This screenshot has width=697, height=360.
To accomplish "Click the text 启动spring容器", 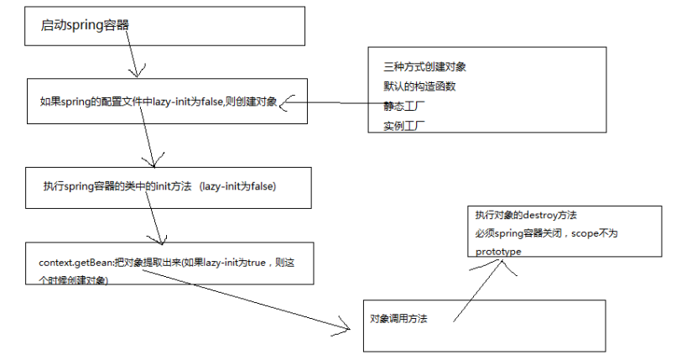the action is (x=85, y=25).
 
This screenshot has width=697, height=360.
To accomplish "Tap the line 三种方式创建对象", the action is (x=424, y=67).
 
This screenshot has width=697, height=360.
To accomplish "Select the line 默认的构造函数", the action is (x=419, y=86).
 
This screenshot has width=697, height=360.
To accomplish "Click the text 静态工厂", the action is (x=404, y=107).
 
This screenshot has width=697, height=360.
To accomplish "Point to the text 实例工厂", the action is (x=404, y=126).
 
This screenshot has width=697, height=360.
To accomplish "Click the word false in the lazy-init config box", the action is (x=211, y=102).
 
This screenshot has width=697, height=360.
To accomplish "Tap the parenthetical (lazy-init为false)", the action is (x=238, y=186).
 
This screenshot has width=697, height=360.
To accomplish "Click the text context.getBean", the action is (x=75, y=263).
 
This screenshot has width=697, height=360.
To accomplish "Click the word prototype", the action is (x=498, y=252).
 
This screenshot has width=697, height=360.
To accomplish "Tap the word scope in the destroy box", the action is (x=585, y=233).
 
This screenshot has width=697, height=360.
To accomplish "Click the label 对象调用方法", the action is (x=398, y=319).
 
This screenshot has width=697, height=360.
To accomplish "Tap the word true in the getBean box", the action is (x=257, y=263).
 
